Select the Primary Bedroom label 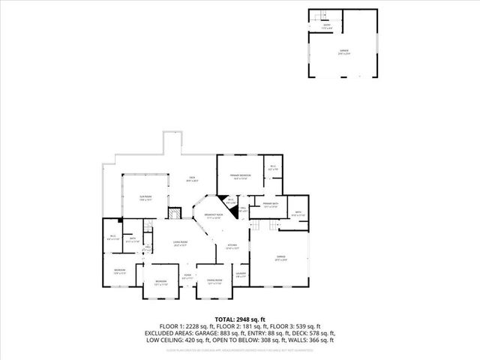[x=240, y=176]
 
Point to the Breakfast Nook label [x=208, y=217]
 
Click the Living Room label [x=181, y=243]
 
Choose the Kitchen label [x=232, y=246]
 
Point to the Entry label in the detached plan [x=326, y=26]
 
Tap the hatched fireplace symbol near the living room [x=172, y=213]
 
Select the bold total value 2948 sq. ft [x=253, y=319]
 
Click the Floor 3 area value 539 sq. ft [x=307, y=326]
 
